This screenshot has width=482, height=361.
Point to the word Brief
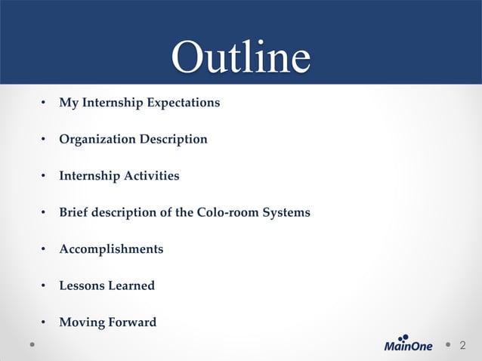tap(74, 212)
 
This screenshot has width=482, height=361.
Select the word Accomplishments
tap(111, 249)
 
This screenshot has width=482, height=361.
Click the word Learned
tap(131, 285)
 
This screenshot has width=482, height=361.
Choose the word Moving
tap(81, 322)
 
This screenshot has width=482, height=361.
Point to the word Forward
tap(131, 322)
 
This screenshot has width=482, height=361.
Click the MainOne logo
tap(409, 344)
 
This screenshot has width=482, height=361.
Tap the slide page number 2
tap(463, 345)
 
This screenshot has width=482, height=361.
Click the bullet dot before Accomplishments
tap(44, 250)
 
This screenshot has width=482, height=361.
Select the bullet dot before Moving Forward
tap(44, 323)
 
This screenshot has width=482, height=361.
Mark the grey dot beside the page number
tap(447, 344)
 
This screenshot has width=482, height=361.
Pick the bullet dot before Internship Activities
tap(44, 177)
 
